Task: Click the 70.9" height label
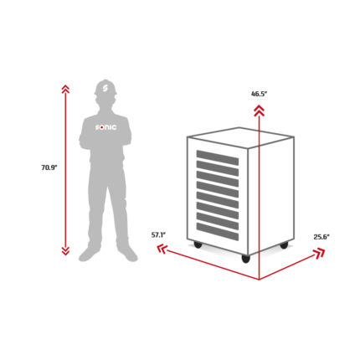(49, 167)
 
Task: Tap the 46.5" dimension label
(260, 94)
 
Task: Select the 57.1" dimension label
(158, 235)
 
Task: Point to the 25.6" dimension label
(321, 237)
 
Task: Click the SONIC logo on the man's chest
(106, 127)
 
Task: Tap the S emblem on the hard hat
(105, 87)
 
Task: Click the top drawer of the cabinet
(218, 157)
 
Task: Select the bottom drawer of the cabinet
(218, 231)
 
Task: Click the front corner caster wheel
(245, 259)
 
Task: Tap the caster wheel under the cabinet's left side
(198, 245)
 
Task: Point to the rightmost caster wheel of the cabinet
(284, 245)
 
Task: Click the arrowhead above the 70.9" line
(65, 89)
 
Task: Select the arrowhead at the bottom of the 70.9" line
(65, 251)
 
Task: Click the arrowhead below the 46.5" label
(260, 111)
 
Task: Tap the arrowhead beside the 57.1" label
(162, 249)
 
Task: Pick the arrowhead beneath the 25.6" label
(319, 253)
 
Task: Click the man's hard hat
(105, 88)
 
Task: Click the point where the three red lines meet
(260, 280)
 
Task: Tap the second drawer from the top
(218, 168)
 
